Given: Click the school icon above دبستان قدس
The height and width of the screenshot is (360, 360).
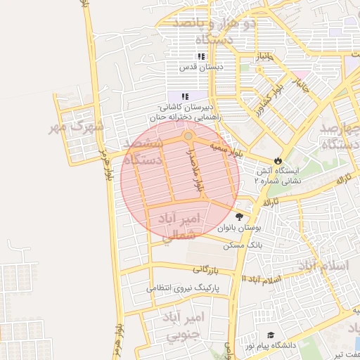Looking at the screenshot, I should (x=201, y=56).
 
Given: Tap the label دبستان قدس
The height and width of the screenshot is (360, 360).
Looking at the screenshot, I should (x=201, y=67).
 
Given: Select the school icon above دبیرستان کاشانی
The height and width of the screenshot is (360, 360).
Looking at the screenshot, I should (x=185, y=96).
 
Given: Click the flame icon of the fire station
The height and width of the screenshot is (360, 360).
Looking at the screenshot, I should (x=278, y=160).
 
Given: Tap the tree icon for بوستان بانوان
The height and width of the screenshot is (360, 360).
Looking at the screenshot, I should (x=240, y=217).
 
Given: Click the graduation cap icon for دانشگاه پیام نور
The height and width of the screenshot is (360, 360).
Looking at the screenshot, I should (x=270, y=336).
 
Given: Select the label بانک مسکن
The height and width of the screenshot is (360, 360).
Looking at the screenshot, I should (x=243, y=245).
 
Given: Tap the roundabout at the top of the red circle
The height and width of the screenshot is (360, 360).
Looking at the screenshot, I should (x=188, y=136).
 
